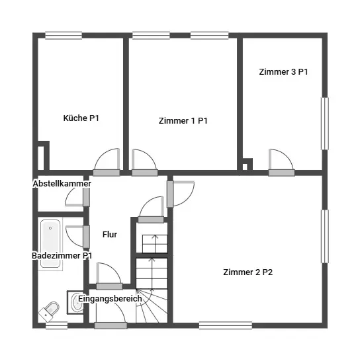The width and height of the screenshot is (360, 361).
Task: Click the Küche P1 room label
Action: (x=81, y=118)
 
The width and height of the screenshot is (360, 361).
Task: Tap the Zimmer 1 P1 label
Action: (x=183, y=120)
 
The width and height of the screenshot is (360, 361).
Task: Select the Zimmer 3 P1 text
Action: (x=283, y=72)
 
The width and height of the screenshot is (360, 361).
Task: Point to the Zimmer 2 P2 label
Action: (x=248, y=272)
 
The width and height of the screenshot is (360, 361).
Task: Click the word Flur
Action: (x=110, y=234)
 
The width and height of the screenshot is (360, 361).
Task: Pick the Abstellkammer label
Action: (x=62, y=184)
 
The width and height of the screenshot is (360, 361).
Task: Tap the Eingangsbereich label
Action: (x=110, y=299)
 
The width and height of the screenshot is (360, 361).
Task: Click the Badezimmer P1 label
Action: (x=62, y=256)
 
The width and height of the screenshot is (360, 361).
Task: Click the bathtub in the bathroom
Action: (x=50, y=243)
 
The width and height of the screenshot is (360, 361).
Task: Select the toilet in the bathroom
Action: (x=49, y=311)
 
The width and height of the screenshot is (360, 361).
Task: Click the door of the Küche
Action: (x=107, y=162)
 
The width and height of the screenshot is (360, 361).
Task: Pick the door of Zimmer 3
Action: (x=281, y=163)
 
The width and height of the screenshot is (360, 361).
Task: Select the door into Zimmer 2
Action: (x=181, y=194)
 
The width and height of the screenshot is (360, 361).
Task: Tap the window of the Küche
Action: (x=64, y=36)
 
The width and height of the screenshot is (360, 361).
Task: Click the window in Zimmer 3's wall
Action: (x=325, y=124)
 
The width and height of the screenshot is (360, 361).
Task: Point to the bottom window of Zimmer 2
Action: (x=226, y=325)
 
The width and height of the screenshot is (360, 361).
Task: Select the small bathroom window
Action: (x=56, y=325)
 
